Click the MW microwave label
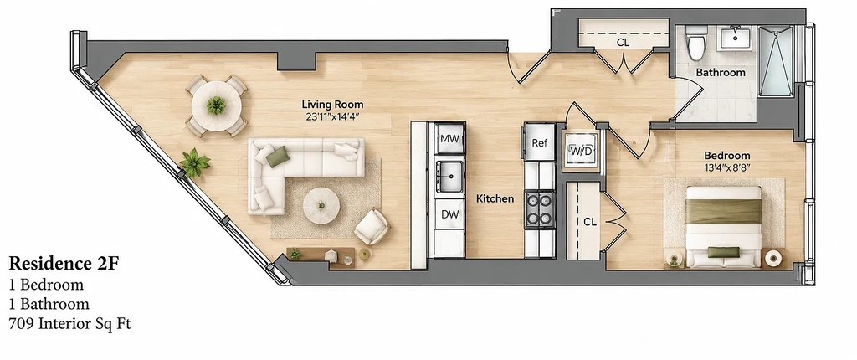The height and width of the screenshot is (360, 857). pos(449,139)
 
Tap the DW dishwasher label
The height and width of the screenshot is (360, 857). pos(449,214)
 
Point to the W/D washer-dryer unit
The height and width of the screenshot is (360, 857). pos(580,151)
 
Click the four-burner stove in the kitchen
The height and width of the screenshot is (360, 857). pos(540,209)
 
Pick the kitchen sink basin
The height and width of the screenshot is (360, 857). pos(449,176)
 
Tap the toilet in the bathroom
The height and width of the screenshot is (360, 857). pos(695,43)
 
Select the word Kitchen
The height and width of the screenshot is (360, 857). pos(495,198)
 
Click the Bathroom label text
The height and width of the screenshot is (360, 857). pos(721,73)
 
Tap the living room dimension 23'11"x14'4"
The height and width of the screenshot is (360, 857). pos(332,116)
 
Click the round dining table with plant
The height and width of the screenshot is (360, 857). pos(217,105)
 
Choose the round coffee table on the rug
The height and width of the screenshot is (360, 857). pos(321,206)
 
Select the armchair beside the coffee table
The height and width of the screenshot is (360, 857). pos(372,227)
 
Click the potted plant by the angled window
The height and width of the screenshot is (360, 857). pos(195,162)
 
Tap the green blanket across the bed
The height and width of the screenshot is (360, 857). pos(724,211)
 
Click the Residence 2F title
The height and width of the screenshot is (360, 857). pos(64,264)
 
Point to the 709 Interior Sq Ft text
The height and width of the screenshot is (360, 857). pos(69,324)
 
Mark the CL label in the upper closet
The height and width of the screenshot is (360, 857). pos(623,42)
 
